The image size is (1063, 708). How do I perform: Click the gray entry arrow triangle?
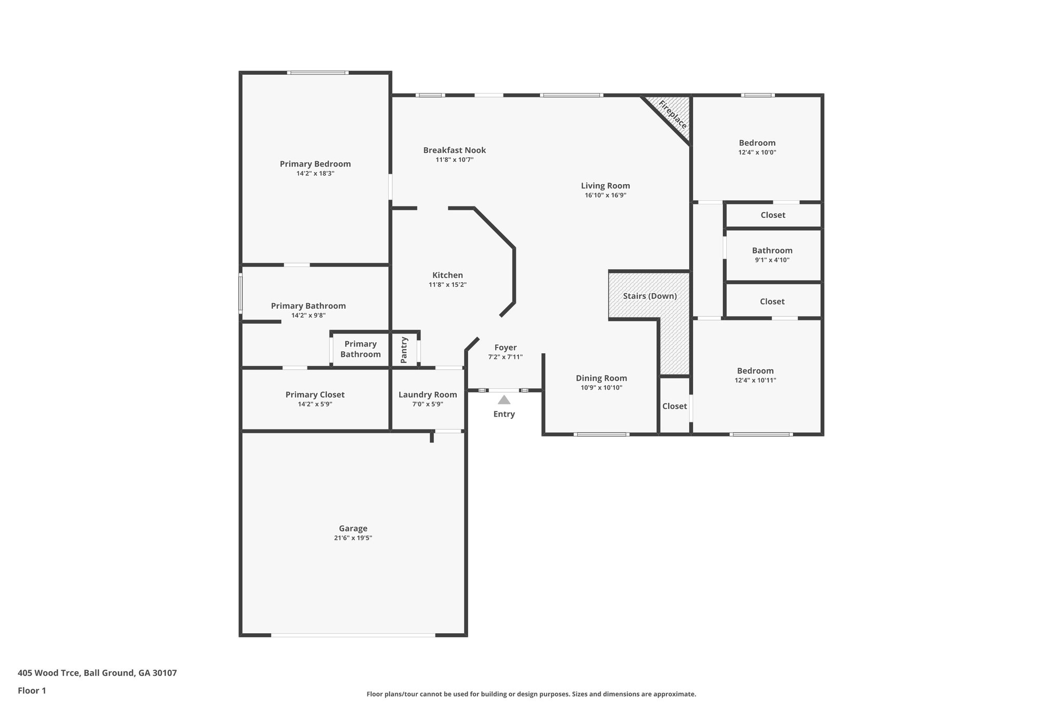tap(504, 400)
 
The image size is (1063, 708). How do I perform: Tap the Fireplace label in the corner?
tap(673, 115)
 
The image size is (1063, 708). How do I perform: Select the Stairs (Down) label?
tap(650, 296)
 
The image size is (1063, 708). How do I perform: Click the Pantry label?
tap(404, 350)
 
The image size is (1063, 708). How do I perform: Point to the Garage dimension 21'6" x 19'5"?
tap(353, 538)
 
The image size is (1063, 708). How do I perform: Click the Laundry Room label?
tap(428, 395)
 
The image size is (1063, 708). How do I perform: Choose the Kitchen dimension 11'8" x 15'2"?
tap(447, 285)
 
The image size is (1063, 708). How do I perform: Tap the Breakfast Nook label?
tap(454, 150)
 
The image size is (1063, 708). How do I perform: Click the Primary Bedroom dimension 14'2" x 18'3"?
tap(315, 174)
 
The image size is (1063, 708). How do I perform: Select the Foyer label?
tap(505, 348)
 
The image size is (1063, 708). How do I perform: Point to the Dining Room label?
tap(601, 378)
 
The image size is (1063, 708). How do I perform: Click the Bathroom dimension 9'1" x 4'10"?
tap(772, 260)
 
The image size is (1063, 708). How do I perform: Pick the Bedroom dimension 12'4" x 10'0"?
tap(757, 152)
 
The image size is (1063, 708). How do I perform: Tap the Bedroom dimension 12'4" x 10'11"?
tap(755, 380)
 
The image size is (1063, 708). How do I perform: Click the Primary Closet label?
tap(315, 395)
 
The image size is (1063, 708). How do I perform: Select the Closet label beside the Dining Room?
tap(674, 406)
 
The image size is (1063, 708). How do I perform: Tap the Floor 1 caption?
tap(32, 690)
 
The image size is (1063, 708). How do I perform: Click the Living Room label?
tap(605, 186)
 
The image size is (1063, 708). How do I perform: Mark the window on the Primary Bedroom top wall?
tap(318, 73)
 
